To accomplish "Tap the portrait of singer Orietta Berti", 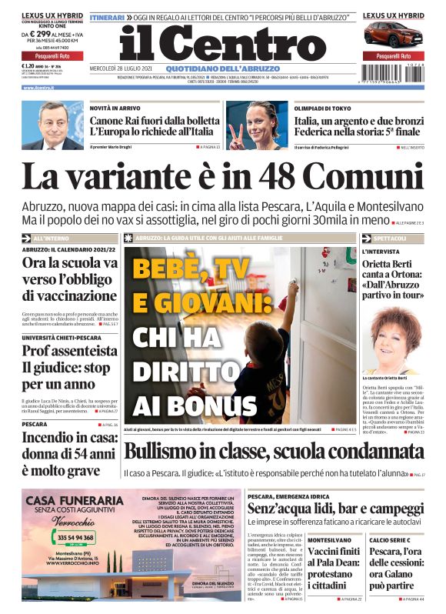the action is click(x=392, y=339).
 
